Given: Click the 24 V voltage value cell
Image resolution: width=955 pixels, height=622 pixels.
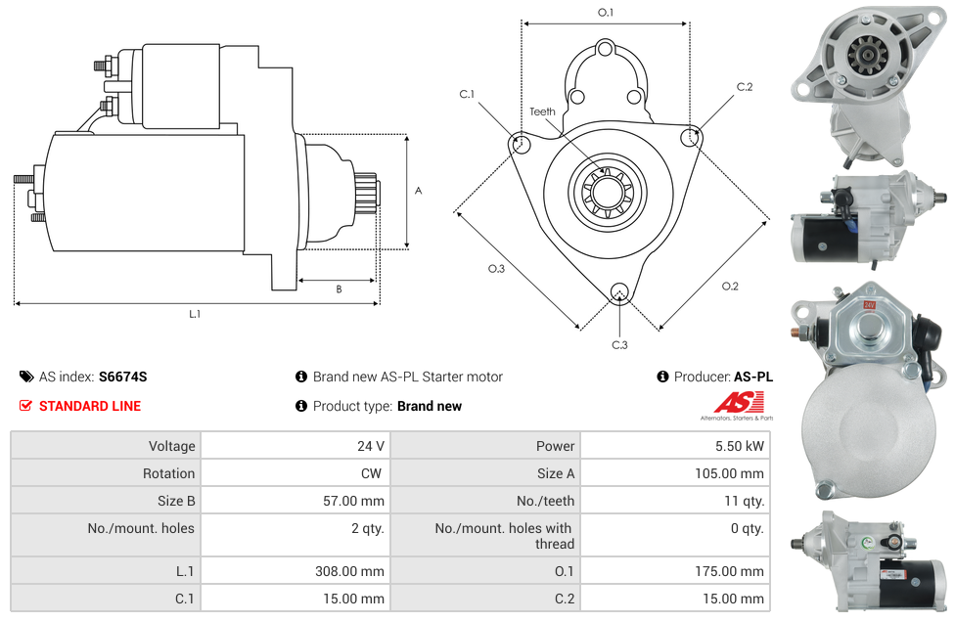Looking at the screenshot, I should pos(370,446).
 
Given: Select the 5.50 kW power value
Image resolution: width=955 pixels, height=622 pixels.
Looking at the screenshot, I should pos(740,446).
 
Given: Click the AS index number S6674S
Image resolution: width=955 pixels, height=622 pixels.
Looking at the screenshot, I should pos(122,377).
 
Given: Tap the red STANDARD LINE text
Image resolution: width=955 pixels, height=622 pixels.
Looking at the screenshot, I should pos(90,406).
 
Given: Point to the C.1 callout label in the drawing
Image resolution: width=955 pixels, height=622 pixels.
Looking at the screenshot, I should pos(467,94).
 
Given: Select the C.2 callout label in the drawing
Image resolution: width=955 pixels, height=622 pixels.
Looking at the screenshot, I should pos(745,87).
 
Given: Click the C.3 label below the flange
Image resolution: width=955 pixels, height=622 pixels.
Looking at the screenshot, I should pos(619,344).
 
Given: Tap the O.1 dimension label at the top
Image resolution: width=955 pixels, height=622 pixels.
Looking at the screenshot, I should pos(606,13).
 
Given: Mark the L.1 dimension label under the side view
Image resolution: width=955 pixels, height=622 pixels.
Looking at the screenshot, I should pos(195,314).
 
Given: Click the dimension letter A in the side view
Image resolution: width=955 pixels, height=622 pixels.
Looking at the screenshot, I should pos(418,191).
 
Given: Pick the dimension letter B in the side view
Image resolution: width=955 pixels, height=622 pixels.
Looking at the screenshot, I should pos(339,289).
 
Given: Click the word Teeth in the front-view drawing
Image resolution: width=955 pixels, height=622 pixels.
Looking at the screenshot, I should pos(542,111).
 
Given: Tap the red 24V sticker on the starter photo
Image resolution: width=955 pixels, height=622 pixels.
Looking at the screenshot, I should pos(867,305).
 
